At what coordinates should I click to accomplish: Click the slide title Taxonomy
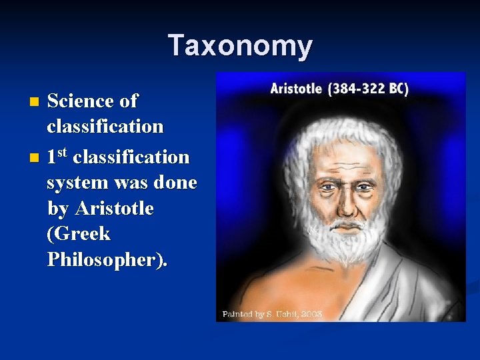(240, 45)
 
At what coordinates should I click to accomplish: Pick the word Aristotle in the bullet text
(114, 209)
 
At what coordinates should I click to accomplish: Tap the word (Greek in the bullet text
(79, 234)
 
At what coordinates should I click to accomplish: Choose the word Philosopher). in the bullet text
(107, 260)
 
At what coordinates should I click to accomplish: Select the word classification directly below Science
(105, 127)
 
